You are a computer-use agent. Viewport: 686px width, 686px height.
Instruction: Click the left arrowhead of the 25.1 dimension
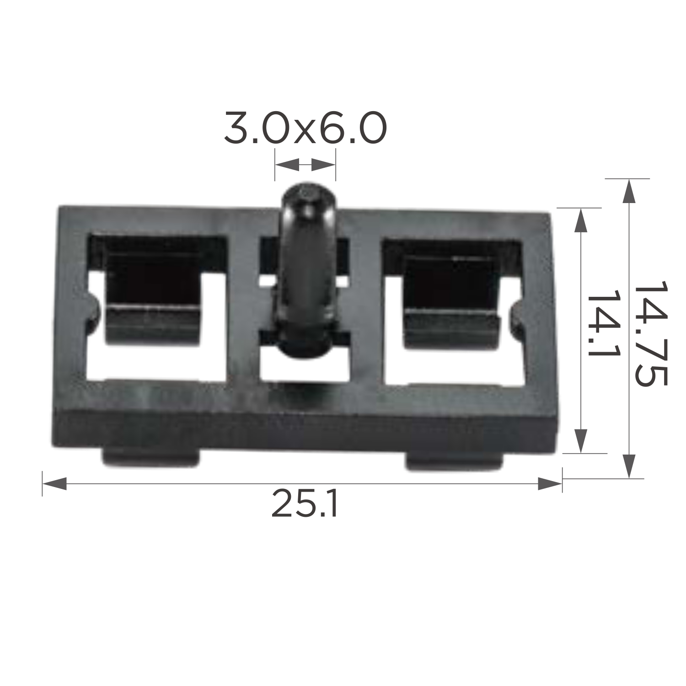(x=54, y=484)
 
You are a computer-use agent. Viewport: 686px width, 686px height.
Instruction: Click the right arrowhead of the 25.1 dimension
(x=550, y=484)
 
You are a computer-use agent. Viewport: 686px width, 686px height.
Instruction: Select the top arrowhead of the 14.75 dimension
(x=629, y=191)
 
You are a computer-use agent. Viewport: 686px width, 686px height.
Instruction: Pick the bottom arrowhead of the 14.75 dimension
(x=629, y=466)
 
